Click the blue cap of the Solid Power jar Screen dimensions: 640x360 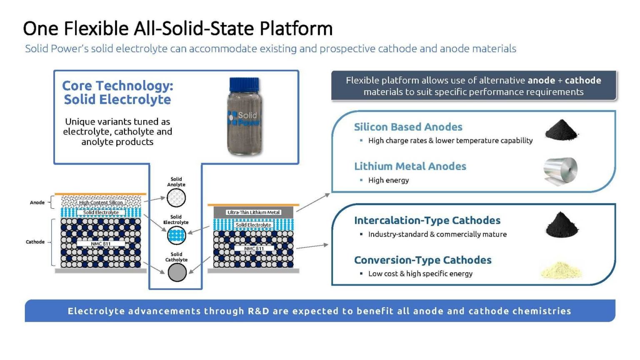244,85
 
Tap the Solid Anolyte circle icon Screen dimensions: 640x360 176,198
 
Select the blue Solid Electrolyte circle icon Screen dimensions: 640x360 176,235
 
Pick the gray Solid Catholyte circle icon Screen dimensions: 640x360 177,272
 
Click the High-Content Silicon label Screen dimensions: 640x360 101,202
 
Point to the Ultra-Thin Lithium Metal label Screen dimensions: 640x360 253,212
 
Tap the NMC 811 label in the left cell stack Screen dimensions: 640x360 101,243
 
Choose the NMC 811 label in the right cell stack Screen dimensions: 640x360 254,248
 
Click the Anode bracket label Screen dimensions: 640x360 37,202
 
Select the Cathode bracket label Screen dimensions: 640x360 35,242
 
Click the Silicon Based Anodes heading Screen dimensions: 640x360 408,127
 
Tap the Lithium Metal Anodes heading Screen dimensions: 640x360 410,166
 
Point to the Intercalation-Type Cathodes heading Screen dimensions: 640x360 427,220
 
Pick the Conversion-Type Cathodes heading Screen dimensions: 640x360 423,260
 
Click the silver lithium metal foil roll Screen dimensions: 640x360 560,171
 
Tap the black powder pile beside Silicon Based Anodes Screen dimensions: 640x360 561,130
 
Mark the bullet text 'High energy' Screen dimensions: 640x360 389,180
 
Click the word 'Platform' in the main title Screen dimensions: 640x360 296,29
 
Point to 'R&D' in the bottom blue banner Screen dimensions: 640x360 259,311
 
